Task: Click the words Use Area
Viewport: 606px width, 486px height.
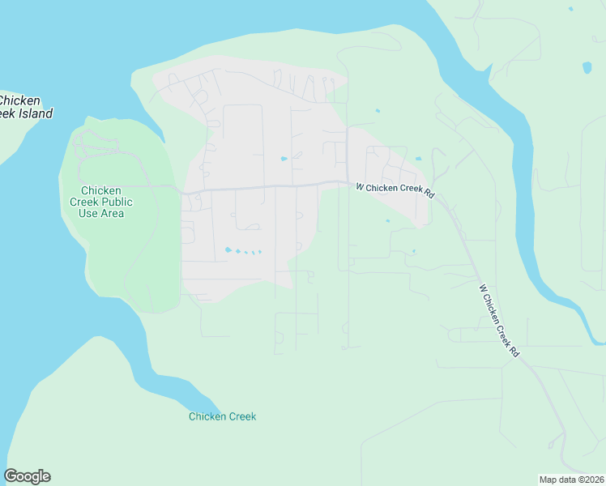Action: click(101, 213)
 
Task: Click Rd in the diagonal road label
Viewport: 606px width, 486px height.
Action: click(514, 352)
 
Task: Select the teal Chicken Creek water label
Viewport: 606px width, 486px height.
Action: click(222, 416)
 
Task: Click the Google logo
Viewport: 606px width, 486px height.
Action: click(27, 476)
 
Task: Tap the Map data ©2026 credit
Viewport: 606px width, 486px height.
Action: click(572, 480)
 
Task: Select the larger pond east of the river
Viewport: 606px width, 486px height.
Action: click(587, 67)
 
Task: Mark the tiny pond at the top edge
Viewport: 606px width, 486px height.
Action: click(570, 9)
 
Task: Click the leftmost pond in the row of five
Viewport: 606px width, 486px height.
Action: click(228, 249)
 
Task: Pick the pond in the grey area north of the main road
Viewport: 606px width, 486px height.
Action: click(284, 159)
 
